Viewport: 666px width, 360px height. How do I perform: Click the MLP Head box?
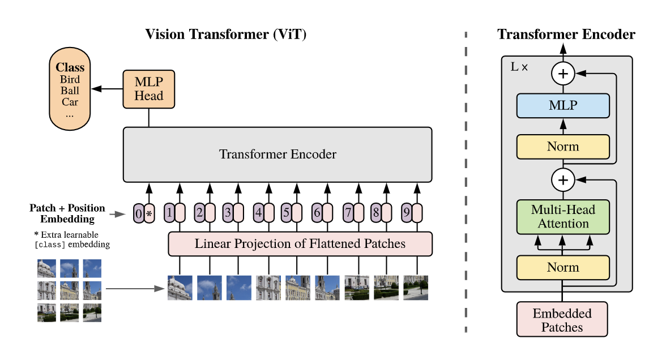[x=148, y=89]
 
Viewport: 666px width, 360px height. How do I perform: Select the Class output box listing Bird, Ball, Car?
[x=70, y=90]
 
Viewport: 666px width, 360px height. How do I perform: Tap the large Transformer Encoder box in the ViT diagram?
[x=277, y=154]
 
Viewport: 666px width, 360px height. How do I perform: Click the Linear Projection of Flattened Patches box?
[x=300, y=244]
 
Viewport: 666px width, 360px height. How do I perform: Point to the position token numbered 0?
[x=139, y=214]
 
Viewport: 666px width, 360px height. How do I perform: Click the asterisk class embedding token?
[x=150, y=214]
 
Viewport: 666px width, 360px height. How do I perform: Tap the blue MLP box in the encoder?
[x=563, y=106]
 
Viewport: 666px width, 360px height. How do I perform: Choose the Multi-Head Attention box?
[x=563, y=217]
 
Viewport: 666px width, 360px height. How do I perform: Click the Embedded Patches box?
[x=562, y=320]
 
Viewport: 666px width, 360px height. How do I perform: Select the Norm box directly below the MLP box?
[x=563, y=147]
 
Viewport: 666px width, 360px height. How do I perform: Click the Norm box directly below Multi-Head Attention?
[x=563, y=268]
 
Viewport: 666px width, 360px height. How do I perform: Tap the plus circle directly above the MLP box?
[x=563, y=73]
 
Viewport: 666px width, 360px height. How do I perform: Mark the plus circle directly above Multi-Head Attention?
[x=563, y=180]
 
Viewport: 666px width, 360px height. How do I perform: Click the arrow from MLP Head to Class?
[x=107, y=89]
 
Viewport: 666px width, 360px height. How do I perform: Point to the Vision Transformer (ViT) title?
[x=226, y=35]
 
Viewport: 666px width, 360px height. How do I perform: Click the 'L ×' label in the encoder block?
[x=519, y=67]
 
